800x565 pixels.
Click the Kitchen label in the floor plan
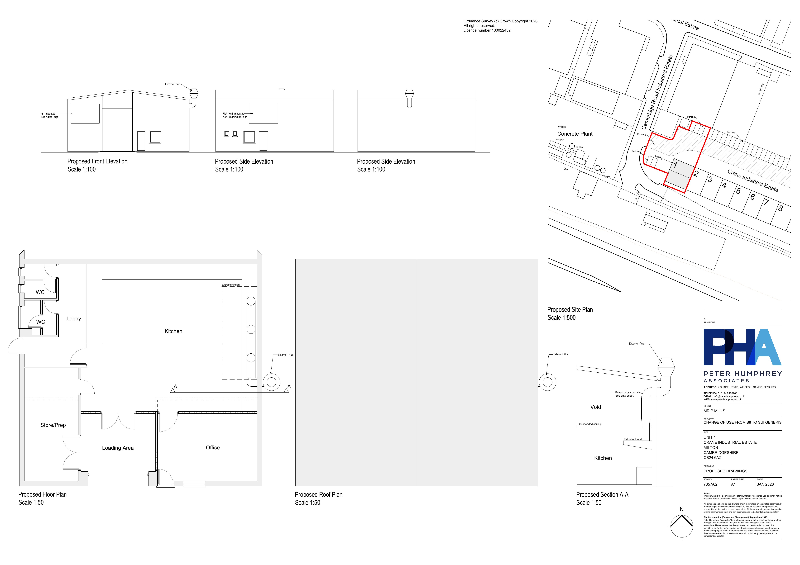[173, 331]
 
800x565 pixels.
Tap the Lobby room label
[73, 319]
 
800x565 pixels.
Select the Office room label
[213, 448]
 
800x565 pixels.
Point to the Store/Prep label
[53, 425]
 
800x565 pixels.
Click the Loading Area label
[118, 448]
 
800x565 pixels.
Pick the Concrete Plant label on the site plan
[575, 134]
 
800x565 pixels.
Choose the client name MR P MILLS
[714, 411]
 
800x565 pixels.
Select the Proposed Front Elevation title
[97, 161]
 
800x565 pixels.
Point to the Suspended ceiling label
[590, 424]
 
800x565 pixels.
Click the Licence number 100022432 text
[487, 30]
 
